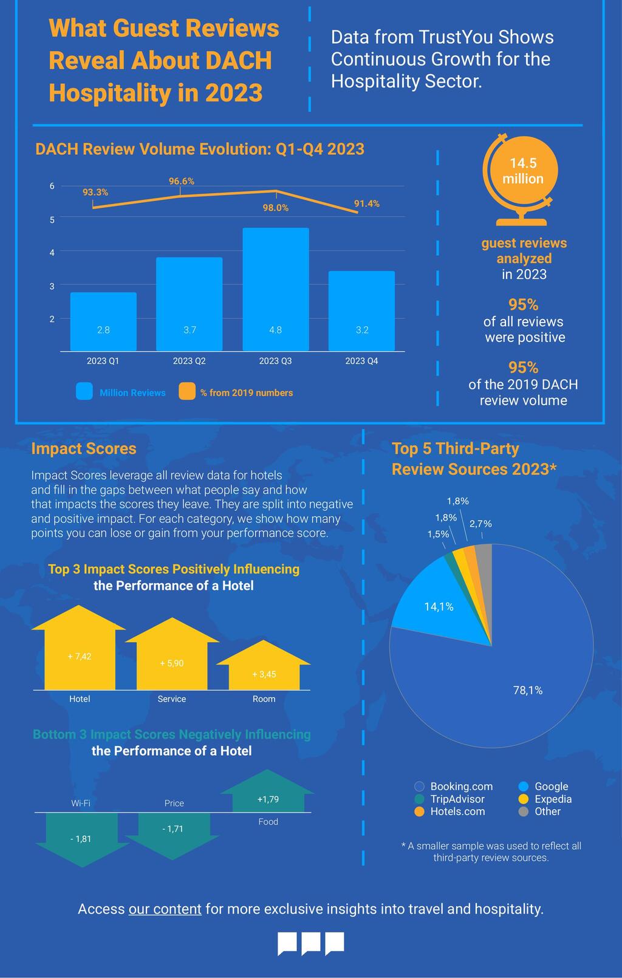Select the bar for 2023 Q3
[275, 289]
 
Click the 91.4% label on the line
[366, 203]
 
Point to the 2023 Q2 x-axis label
[189, 361]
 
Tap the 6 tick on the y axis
[52, 186]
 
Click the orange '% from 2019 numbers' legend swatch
[187, 391]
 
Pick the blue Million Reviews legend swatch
[84, 391]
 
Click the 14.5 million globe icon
[521, 179]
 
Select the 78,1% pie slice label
[527, 690]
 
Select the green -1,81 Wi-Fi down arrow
[81, 839]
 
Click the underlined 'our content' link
[165, 909]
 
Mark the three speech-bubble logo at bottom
[310, 943]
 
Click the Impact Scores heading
[84, 449]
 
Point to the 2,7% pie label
[480, 524]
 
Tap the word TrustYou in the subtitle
[456, 38]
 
